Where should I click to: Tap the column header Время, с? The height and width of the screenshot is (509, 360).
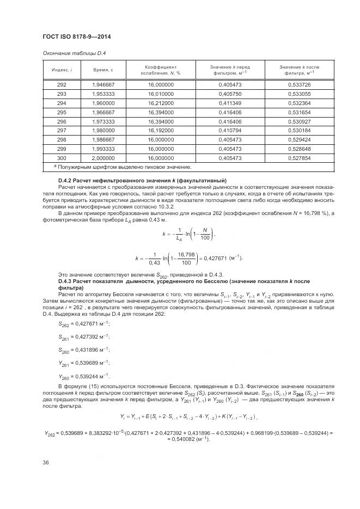(103, 70)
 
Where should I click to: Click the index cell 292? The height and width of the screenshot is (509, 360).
(62, 85)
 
